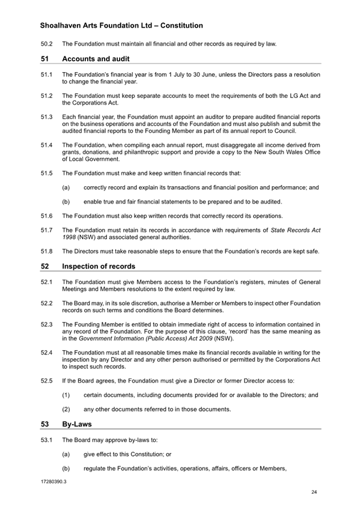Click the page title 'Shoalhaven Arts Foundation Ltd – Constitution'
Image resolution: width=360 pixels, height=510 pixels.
(x=121, y=26)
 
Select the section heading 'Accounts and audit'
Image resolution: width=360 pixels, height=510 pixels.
(x=96, y=59)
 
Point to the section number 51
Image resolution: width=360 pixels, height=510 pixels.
(x=45, y=59)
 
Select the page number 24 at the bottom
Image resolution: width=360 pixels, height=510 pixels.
(x=314, y=493)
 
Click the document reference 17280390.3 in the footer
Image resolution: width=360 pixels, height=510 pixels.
(x=54, y=482)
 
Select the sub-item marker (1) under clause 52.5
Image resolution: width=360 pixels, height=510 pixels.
(x=66, y=395)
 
